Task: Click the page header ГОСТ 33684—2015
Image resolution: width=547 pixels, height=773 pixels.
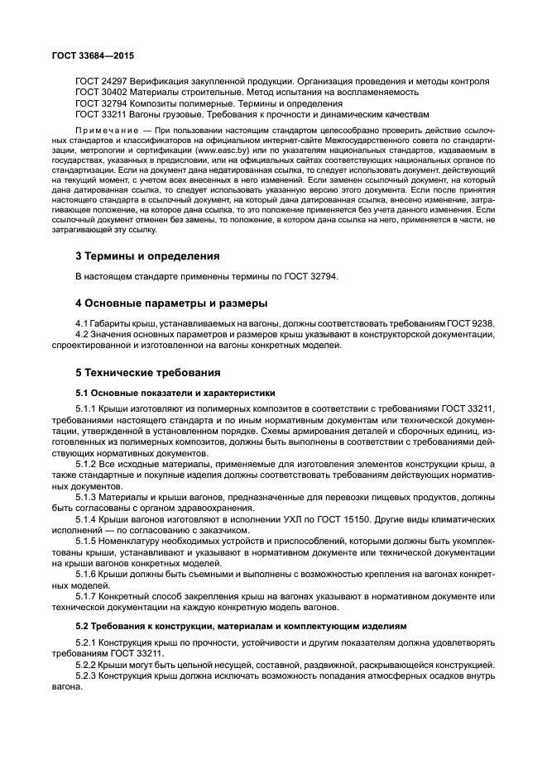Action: point(93,56)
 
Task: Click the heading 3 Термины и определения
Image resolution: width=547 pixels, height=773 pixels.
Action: point(147,255)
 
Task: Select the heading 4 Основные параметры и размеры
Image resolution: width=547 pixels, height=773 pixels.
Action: point(171,303)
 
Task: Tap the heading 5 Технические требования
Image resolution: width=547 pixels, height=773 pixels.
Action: point(148,372)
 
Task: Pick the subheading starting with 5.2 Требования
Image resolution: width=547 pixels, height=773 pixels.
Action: point(225,626)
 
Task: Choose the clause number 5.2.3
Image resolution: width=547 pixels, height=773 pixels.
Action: point(88,676)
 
